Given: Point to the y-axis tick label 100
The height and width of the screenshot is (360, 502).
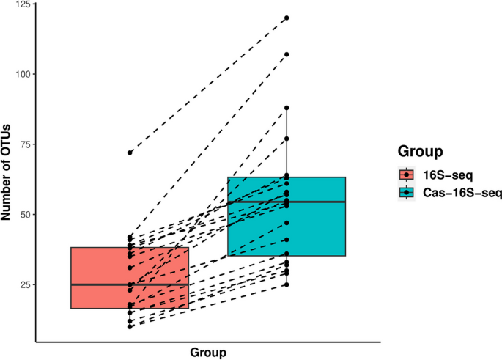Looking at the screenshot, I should click(x=21, y=74).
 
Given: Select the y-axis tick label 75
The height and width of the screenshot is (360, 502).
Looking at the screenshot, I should click(x=24, y=144).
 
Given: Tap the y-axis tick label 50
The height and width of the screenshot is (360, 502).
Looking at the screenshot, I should click(x=24, y=214).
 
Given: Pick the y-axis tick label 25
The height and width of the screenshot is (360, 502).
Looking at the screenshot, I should click(x=24, y=284).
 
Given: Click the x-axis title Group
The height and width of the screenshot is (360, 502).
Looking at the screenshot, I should click(x=208, y=353).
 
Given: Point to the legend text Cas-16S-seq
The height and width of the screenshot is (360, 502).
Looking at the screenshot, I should click(x=457, y=192).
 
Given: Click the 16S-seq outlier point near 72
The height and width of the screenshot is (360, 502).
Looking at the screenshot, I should click(x=130, y=153).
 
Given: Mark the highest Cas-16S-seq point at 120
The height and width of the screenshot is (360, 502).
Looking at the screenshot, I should click(x=287, y=18).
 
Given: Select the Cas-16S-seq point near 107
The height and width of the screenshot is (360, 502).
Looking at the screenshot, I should click(x=287, y=54).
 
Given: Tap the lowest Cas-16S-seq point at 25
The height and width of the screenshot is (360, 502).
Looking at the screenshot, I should click(x=287, y=284).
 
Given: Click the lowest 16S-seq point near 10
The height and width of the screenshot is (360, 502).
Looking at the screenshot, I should click(x=130, y=326).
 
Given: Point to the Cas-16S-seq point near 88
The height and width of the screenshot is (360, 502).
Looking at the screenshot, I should click(x=287, y=108).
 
